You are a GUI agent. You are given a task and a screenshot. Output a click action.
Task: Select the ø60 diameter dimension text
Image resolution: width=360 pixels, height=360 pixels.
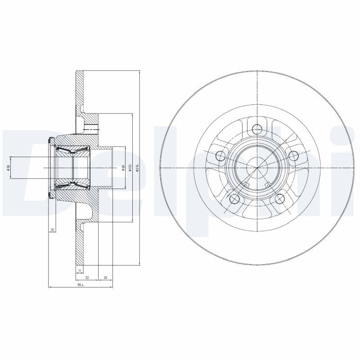click(123, 167)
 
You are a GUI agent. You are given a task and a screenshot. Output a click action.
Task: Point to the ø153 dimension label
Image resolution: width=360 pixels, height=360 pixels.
click(130, 168)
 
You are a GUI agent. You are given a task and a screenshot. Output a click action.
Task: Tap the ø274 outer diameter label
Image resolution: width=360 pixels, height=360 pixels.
click(137, 168)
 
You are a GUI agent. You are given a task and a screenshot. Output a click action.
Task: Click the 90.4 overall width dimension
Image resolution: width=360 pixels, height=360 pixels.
click(80, 285)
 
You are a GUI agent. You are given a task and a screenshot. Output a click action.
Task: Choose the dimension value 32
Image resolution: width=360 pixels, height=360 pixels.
click(86, 278)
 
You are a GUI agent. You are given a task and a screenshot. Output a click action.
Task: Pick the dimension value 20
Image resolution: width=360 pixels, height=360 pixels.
click(105, 278)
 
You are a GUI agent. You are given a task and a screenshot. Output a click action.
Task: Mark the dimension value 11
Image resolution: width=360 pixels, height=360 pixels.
click(79, 270)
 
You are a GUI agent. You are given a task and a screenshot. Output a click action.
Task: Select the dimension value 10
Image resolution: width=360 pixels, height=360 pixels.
click(52, 230)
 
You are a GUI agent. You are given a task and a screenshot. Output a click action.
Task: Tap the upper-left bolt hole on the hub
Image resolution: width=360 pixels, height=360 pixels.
click(220, 156)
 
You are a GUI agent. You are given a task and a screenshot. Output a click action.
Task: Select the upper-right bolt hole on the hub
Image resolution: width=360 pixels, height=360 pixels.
click(293, 156)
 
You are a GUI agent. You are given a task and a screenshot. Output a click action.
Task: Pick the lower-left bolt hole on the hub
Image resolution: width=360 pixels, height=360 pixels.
click(234, 199)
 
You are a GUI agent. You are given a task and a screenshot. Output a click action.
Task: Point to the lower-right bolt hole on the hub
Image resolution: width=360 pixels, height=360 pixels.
click(280, 199)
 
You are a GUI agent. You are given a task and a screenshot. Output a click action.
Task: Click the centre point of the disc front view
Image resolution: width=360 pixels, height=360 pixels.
click(257, 168)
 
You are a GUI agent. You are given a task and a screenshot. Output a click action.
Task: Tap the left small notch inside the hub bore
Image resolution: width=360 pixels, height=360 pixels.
click(246, 184)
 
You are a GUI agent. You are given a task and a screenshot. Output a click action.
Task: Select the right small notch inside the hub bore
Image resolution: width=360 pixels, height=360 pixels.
click(268, 184)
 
